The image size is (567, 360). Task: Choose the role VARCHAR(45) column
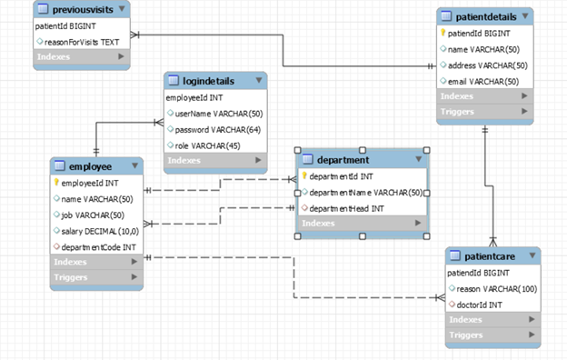[x=210, y=145]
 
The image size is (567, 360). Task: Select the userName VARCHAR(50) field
[x=218, y=114]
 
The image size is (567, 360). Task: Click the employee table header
[x=91, y=166]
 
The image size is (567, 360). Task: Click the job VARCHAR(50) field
[x=92, y=215]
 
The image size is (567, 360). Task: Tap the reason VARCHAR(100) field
[x=495, y=288]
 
